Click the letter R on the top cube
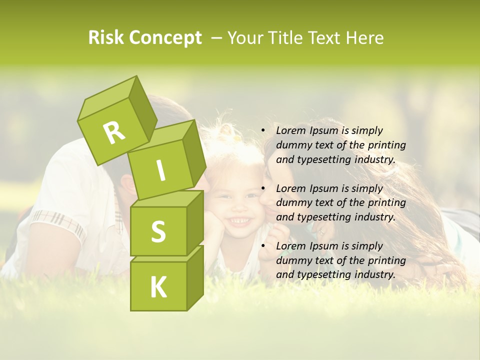tap(114, 132)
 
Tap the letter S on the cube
tap(158, 231)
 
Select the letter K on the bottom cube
tap(158, 287)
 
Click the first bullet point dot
tap(263, 130)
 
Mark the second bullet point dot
tap(263, 188)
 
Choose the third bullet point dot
tap(263, 246)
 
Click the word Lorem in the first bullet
tap(289, 130)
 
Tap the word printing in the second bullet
tap(386, 202)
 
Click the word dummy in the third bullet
tap(292, 260)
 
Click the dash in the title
tap(216, 38)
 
